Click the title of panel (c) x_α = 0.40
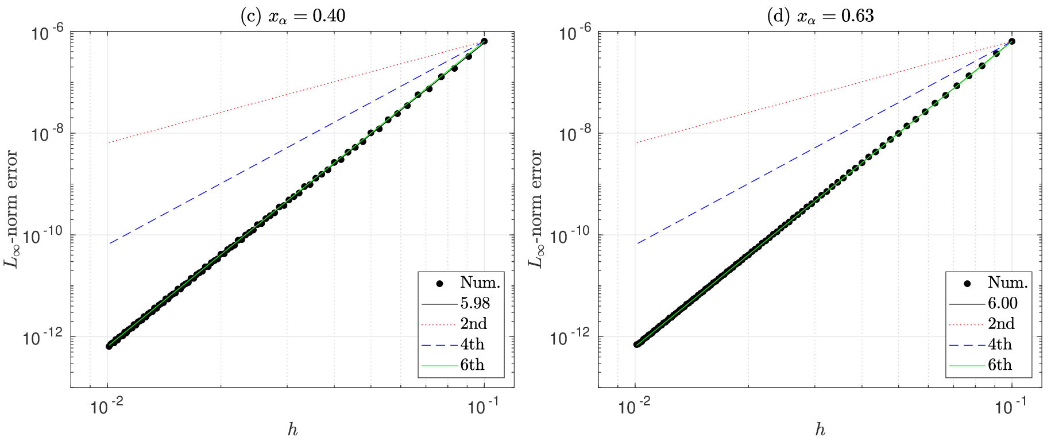[292, 16]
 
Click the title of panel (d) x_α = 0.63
[820, 16]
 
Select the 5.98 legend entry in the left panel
[475, 303]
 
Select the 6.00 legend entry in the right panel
[1003, 303]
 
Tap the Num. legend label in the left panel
[480, 283]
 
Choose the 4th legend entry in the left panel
[472, 345]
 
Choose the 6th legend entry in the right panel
[1000, 365]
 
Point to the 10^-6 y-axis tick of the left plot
[47, 33]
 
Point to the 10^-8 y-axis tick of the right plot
[575, 135]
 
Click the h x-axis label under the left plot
[292, 430]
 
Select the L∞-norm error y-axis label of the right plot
[536, 209]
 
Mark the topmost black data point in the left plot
[484, 41]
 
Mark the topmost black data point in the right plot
[1012, 41]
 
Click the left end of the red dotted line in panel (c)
[109, 142]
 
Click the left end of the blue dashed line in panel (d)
[636, 244]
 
